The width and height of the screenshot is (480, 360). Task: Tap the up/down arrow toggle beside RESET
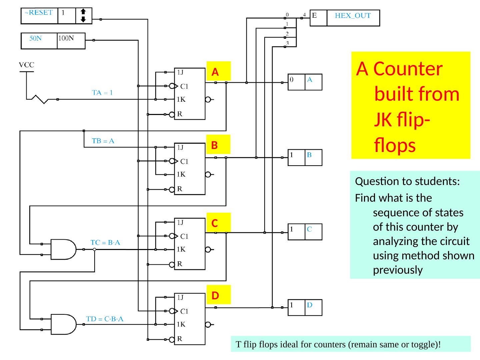(83, 16)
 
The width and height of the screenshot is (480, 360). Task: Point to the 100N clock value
(66, 38)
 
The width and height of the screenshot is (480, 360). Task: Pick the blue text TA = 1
(102, 93)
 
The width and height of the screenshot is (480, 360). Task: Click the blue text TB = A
(103, 141)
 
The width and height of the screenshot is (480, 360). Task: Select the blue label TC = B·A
(106, 243)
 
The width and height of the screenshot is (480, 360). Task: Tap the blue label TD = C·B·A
(105, 319)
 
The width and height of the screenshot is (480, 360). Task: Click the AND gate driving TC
(63, 249)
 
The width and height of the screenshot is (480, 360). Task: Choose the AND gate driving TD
(63, 324)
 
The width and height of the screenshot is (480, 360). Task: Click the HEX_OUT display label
(352, 15)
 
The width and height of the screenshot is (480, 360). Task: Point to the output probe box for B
(305, 157)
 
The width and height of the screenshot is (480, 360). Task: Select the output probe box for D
(305, 307)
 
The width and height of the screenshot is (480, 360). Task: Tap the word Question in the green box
(374, 182)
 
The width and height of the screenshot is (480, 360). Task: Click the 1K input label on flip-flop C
(181, 249)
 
